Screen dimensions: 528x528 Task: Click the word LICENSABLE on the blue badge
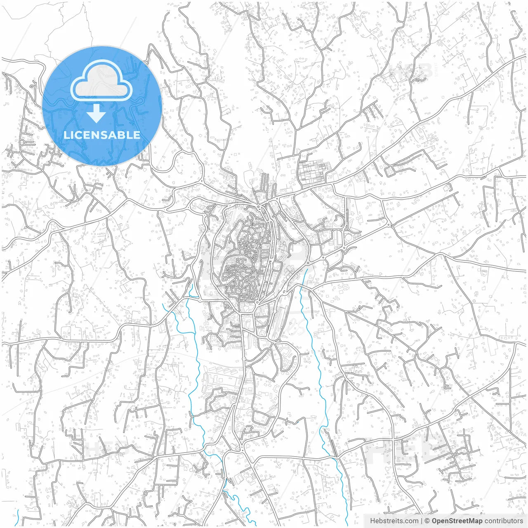pyautogui.click(x=102, y=135)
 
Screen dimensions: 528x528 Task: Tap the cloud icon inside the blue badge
pyautogui.click(x=101, y=80)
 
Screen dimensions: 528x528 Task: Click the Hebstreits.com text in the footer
pyautogui.click(x=394, y=521)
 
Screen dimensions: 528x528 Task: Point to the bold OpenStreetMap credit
pyautogui.click(x=457, y=521)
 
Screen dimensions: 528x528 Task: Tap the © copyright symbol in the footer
pyautogui.click(x=427, y=521)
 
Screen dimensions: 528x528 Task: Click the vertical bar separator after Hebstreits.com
pyautogui.click(x=421, y=521)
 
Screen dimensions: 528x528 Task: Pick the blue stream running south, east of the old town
pyautogui.click(x=318, y=371)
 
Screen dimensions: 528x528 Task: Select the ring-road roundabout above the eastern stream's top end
pyautogui.click(x=309, y=262)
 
